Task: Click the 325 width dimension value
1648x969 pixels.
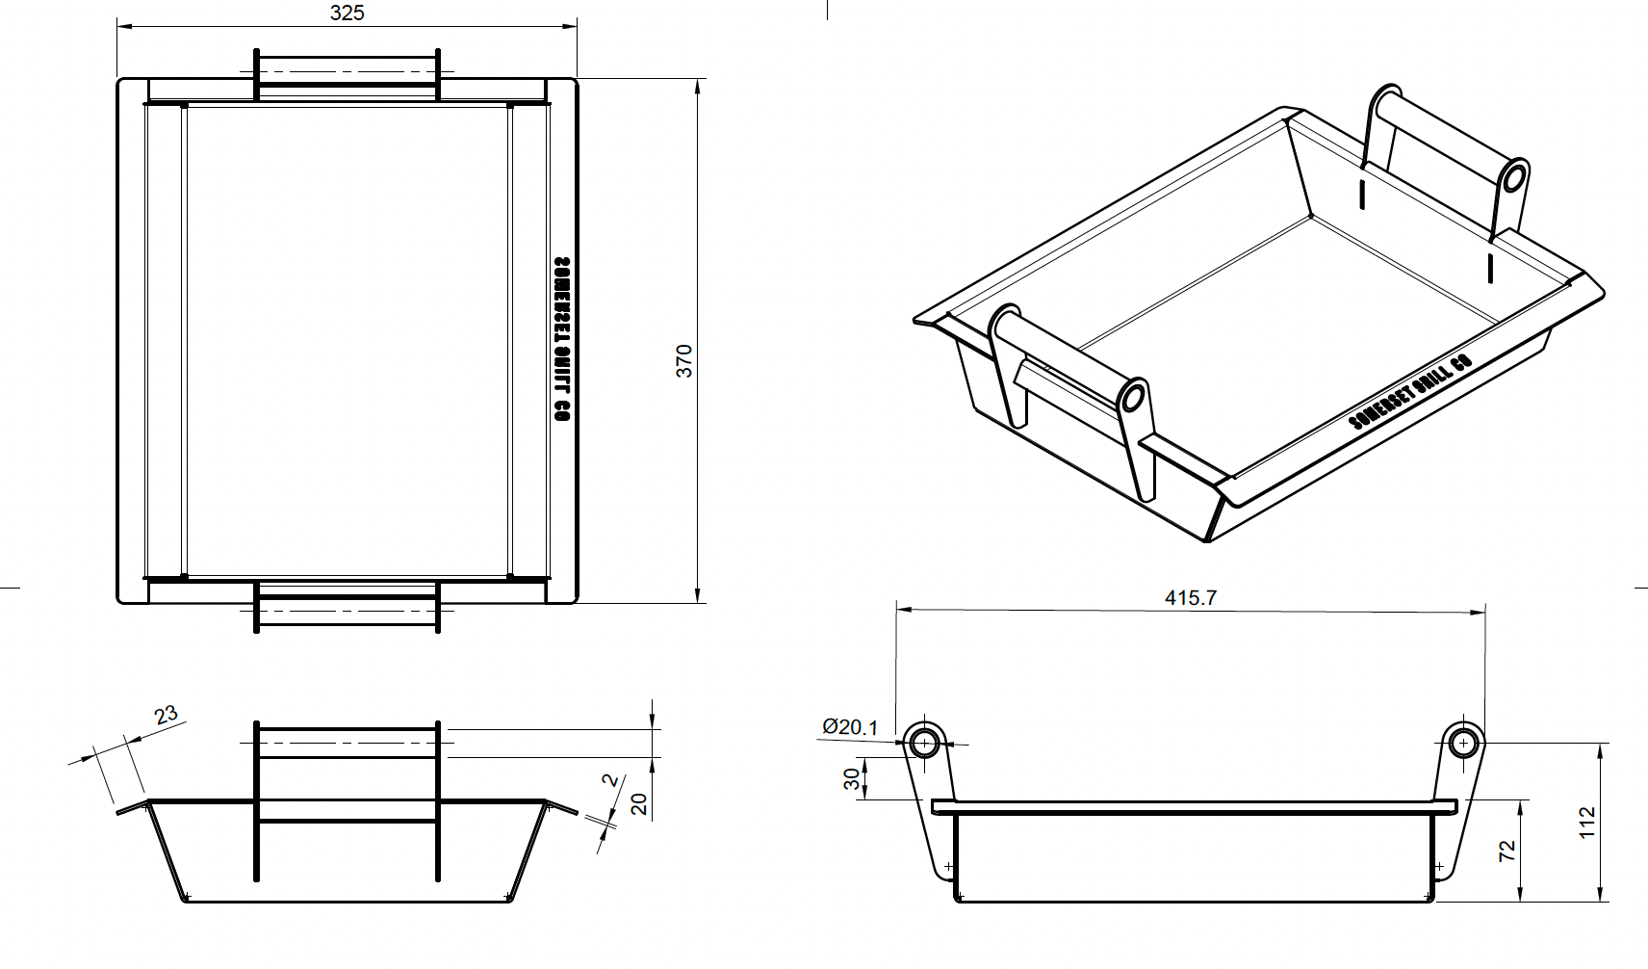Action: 347,13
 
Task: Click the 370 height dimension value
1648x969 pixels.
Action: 683,360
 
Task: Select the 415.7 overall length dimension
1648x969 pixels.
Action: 1190,598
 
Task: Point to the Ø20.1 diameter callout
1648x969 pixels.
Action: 850,727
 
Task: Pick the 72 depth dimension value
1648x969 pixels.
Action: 1507,851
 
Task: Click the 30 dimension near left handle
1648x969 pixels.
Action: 851,779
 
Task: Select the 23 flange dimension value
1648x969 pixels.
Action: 166,715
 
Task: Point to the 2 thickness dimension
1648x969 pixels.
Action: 608,781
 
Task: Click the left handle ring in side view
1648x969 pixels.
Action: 924,743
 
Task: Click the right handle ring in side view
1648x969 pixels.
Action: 1463,743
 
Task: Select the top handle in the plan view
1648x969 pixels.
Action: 347,73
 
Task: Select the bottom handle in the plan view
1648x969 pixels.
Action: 347,607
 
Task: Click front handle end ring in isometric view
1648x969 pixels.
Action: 1132,397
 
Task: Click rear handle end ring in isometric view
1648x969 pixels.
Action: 1514,177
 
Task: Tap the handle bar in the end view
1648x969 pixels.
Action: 347,744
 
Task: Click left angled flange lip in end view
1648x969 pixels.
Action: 133,806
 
